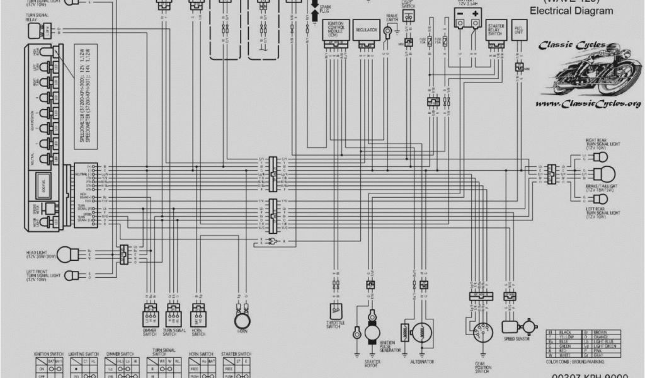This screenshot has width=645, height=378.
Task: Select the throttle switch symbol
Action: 334,309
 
